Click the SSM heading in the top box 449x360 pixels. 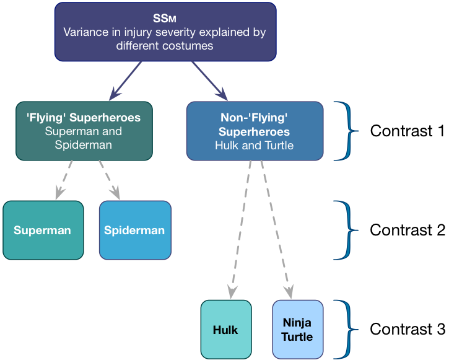[x=165, y=19]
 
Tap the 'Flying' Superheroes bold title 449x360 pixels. [x=84, y=118]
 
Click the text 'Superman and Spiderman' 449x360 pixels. [x=84, y=138]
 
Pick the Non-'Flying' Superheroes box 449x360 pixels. [x=255, y=131]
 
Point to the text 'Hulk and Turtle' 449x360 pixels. [x=255, y=146]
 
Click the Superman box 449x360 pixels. [x=43, y=230]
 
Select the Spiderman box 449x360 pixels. [x=134, y=230]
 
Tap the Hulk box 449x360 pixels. [x=225, y=330]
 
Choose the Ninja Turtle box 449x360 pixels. [x=297, y=330]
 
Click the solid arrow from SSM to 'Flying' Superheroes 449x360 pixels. [x=126, y=81]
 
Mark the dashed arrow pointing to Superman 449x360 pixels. [x=64, y=180]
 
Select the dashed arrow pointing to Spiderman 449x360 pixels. [x=108, y=180]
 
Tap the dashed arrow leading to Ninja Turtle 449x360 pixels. [x=276, y=229]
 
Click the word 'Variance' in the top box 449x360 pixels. [x=86, y=32]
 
